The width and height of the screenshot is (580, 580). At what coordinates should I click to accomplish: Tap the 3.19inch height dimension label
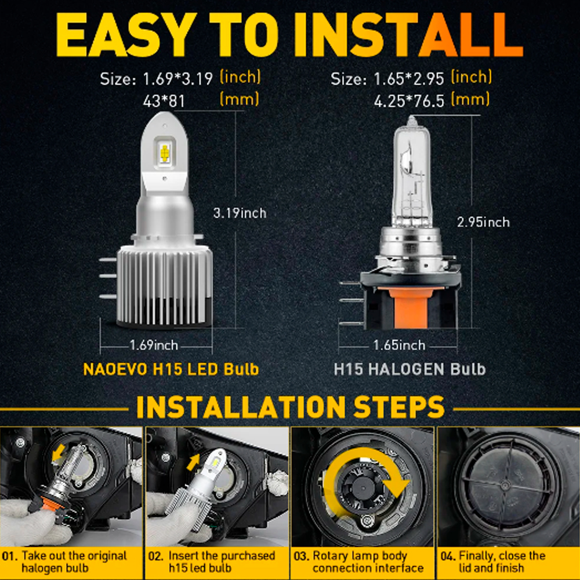tap(240, 213)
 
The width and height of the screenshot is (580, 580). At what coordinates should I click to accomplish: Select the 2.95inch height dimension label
tap(483, 222)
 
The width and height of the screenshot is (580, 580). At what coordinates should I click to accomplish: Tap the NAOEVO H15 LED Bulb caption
tap(171, 369)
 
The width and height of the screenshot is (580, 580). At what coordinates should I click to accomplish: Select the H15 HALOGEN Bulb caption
tap(409, 369)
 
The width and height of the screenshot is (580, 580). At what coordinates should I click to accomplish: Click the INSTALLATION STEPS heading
tap(290, 407)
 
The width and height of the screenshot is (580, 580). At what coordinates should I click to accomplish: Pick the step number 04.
tap(448, 556)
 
